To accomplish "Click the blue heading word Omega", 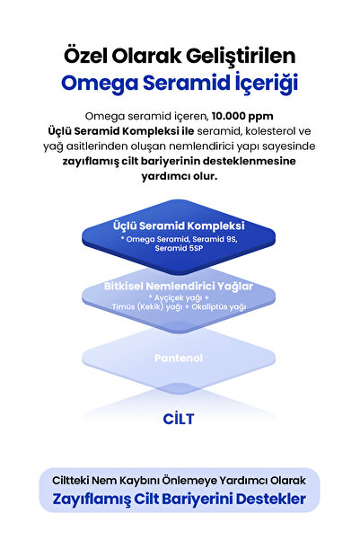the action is point(100,84).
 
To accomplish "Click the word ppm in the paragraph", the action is point(261,117).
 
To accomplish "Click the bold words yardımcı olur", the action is point(180,176).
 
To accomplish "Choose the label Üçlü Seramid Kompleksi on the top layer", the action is point(179,226).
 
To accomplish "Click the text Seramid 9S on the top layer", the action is point(215,239).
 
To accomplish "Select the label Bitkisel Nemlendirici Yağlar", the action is point(179,287).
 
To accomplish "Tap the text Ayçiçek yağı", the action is point(178,298).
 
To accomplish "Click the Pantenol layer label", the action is point(179,359).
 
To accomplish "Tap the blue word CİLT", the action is point(179,419).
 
